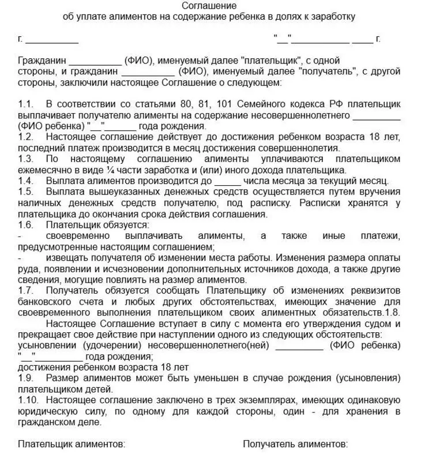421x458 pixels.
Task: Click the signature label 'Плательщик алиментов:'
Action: click(x=72, y=444)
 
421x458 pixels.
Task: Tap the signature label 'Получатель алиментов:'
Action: click(x=295, y=444)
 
